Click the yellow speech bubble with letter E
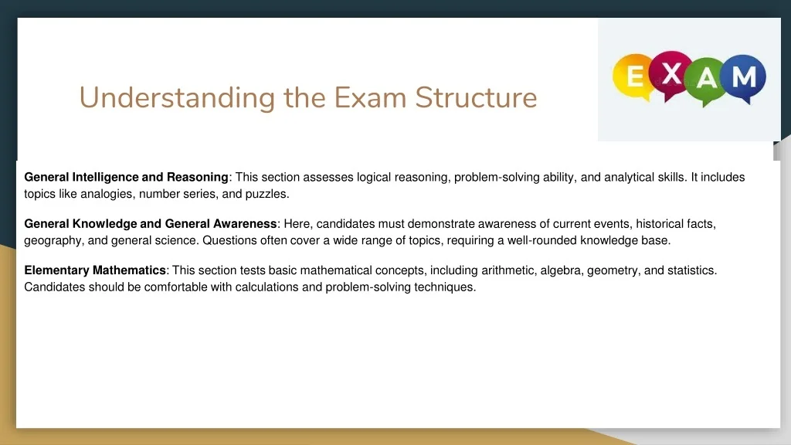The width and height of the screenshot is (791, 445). click(633, 76)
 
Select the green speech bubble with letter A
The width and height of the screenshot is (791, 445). click(707, 80)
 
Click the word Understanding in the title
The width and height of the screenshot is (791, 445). click(177, 98)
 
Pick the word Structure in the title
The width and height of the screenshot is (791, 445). click(476, 97)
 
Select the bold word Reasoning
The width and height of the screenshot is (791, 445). click(197, 178)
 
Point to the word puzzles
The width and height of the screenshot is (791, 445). click(266, 194)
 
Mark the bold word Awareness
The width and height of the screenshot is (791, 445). click(245, 224)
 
